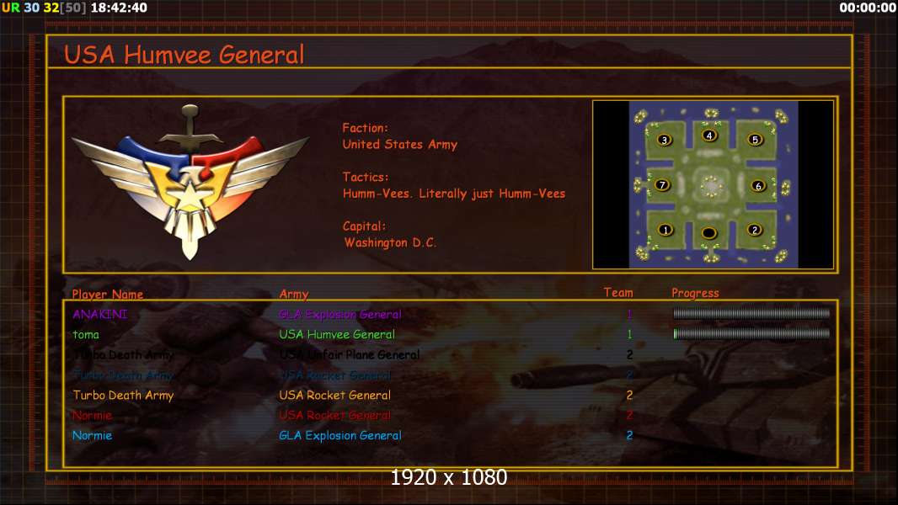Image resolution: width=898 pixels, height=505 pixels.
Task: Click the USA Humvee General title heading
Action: point(184,55)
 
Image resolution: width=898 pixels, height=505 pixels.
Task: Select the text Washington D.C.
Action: point(390,242)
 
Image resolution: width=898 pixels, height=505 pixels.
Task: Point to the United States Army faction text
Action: point(399,145)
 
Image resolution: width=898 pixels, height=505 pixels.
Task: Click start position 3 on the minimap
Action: point(664,140)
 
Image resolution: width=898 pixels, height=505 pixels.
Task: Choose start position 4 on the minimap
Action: point(709,136)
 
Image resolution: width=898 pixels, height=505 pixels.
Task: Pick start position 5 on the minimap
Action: point(755,140)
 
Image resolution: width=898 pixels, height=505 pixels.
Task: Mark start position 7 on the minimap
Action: point(662,185)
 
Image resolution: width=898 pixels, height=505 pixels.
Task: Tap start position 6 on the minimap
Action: point(757,186)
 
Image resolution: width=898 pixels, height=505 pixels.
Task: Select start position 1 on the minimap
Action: point(665,230)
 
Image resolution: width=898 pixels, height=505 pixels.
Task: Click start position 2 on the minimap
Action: point(754,230)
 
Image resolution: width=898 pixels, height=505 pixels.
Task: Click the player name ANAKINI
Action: point(100,314)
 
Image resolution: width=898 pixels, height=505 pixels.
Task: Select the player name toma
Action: point(86,334)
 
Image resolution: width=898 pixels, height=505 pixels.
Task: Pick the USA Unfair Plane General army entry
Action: point(350,354)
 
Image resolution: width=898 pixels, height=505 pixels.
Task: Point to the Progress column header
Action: point(695,293)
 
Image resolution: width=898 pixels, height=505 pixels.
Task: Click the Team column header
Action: point(618,293)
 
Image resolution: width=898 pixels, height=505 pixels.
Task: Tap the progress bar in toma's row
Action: point(751,334)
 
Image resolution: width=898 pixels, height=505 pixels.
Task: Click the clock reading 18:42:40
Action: point(118,8)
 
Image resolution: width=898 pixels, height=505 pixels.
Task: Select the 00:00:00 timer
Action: point(868,8)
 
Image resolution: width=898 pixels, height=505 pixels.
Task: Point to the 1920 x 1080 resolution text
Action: point(448,477)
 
